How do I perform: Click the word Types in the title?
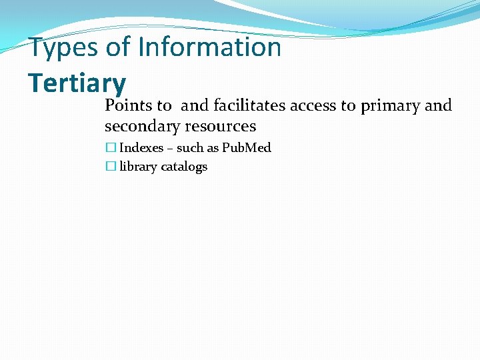62,48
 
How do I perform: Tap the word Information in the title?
210,48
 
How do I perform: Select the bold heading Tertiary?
77,83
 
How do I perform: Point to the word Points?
129,105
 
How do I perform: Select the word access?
313,105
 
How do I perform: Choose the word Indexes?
141,148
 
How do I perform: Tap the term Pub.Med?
246,148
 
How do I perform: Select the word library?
138,167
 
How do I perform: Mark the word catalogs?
183,167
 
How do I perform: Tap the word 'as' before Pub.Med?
214,148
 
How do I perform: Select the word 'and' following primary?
438,105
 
